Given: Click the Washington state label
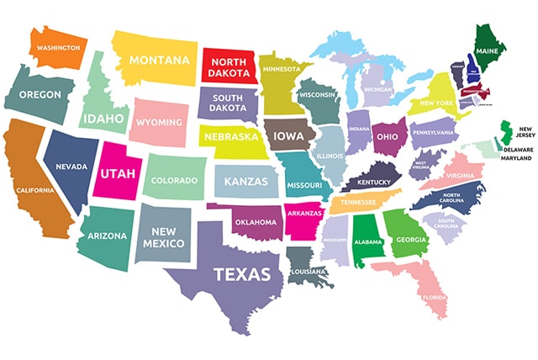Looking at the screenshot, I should point(59,48).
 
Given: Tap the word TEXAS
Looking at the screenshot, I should point(242,274).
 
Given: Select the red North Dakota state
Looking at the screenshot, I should point(227,67).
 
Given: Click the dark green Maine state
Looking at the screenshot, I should point(488,50).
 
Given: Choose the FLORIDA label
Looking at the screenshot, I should point(435,297).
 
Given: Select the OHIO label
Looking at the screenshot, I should point(387,136).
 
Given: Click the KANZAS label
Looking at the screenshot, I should point(246,181).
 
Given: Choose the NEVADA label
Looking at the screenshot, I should point(71,167).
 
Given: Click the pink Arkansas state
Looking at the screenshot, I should point(303,214).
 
